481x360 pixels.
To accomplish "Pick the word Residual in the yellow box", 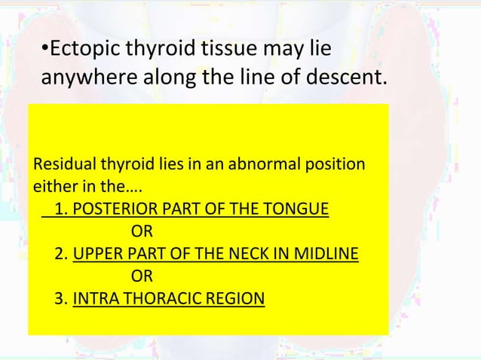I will click(60, 163).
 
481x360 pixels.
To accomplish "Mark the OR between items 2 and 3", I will click(142, 276).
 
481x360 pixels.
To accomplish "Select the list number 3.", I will click(60, 300).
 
